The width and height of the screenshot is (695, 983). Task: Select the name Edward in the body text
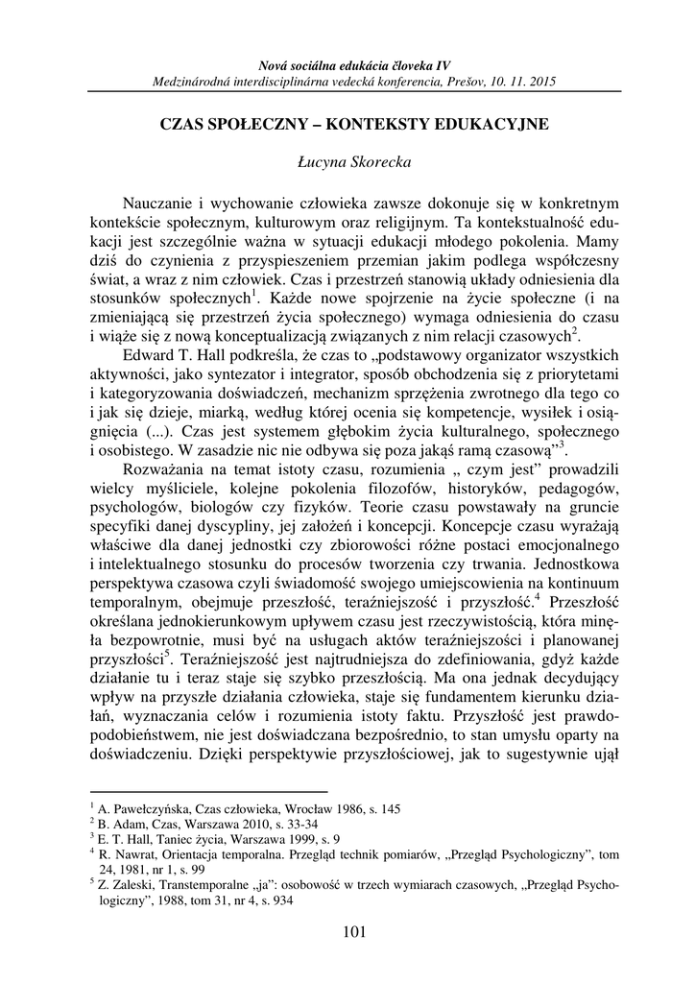[x=151, y=352]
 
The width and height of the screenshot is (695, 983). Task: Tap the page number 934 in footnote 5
[x=280, y=901]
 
